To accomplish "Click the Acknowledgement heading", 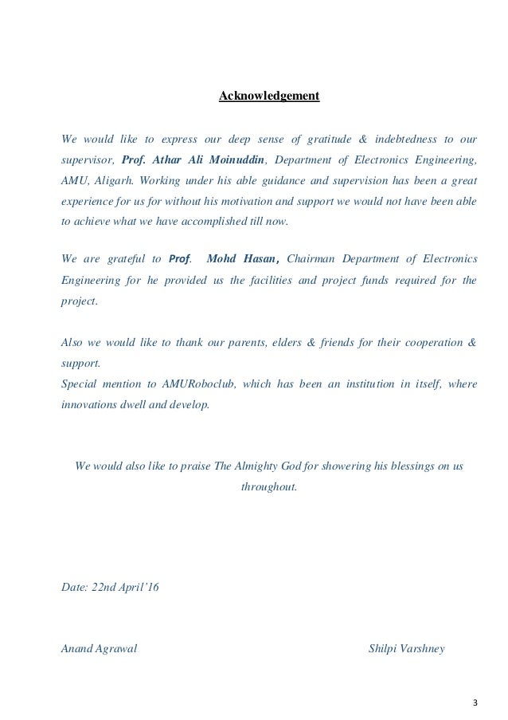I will coord(269,97).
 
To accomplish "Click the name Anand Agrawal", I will coord(100,648).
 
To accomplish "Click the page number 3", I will coord(475,702).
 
